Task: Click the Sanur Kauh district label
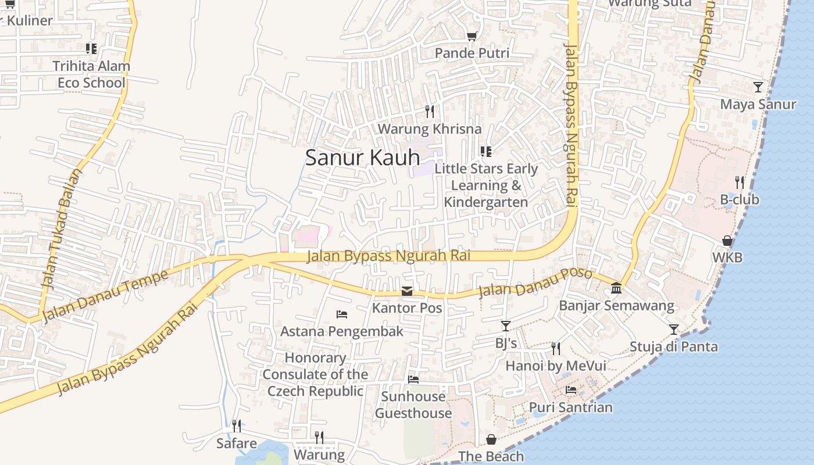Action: click(362, 158)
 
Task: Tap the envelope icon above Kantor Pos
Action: click(407, 291)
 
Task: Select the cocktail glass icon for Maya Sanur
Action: click(758, 87)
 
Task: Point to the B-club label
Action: click(740, 199)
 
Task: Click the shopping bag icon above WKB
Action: click(727, 240)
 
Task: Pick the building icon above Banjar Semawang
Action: click(616, 288)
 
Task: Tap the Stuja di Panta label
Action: click(673, 347)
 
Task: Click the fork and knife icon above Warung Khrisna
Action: click(430, 110)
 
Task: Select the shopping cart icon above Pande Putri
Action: click(472, 36)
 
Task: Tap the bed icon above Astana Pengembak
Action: click(342, 314)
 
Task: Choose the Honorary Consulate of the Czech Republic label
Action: click(315, 374)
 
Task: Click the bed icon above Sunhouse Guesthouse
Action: click(413, 380)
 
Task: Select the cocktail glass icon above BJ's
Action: click(506, 326)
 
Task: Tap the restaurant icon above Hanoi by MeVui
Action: click(556, 348)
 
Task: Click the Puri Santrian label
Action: click(570, 407)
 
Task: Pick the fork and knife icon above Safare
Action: click(236, 426)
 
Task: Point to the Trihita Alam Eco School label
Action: click(91, 74)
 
